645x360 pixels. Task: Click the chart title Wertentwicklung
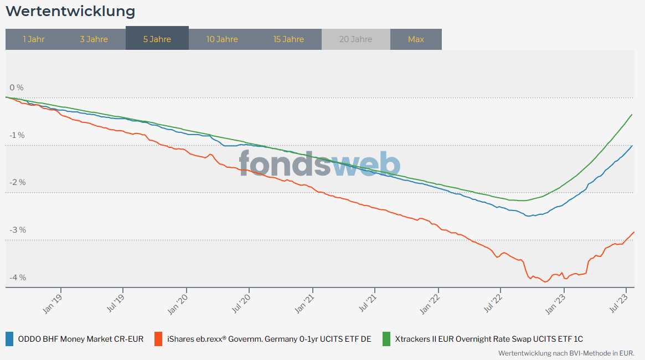[70, 11]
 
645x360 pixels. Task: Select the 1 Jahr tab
[34, 39]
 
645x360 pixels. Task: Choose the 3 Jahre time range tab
[94, 39]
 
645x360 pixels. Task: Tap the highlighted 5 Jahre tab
[157, 39]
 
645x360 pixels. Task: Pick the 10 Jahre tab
[222, 39]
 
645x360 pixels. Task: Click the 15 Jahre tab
[288, 39]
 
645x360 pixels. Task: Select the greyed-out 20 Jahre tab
[355, 39]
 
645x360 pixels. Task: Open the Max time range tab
[416, 39]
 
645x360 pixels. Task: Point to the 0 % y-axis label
[17, 88]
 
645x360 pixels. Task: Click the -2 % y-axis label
[17, 182]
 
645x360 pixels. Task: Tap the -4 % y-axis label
[17, 277]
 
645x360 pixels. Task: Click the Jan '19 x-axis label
[53, 303]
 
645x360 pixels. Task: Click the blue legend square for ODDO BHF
[9, 339]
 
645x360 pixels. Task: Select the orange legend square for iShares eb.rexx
[158, 339]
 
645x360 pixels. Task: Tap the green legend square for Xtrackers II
[386, 339]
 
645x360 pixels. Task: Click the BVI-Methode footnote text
[566, 353]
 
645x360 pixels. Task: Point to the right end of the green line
[632, 115]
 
